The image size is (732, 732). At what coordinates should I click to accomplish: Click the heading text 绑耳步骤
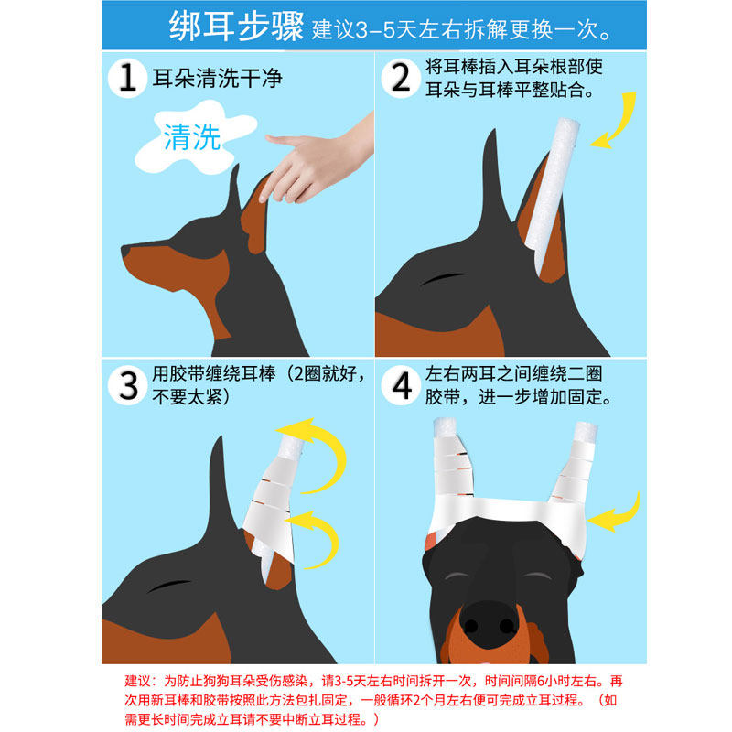pos(236,27)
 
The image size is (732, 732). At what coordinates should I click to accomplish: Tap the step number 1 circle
pos(127,78)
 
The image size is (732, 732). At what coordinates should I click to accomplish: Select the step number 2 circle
pos(401,78)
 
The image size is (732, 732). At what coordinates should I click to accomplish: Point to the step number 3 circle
pos(127,385)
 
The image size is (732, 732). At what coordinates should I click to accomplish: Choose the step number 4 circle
pos(401,385)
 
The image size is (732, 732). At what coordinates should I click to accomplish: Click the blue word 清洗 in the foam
pos(192,137)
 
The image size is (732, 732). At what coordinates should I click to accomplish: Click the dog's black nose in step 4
pos(489,624)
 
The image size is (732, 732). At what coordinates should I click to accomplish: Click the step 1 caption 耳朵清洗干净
pos(217,78)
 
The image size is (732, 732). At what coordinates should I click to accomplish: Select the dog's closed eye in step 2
pos(442,279)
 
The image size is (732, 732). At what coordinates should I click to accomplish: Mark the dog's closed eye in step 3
pos(169,586)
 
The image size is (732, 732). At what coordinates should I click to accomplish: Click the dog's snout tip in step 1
pos(125,251)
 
